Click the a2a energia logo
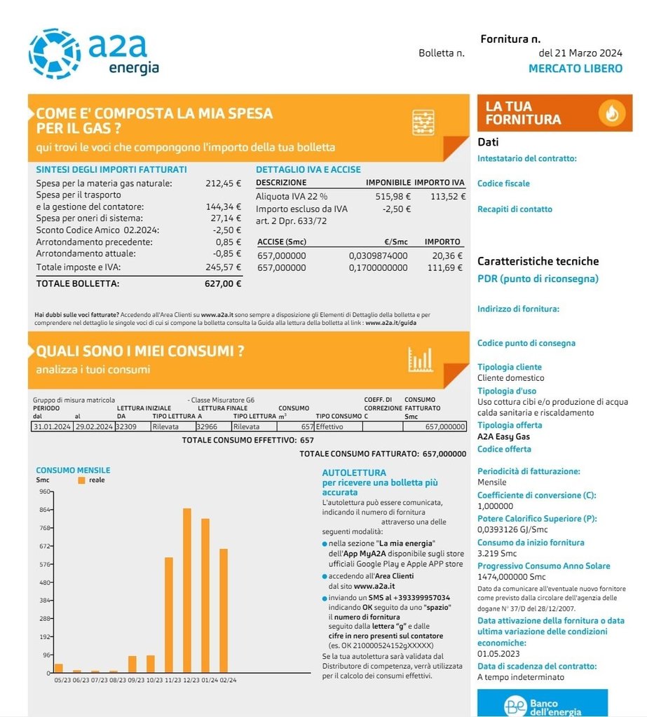pyautogui.click(x=94, y=53)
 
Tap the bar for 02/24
pyautogui.click(x=224, y=610)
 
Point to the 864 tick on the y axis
pyautogui.click(x=46, y=510)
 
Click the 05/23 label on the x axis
pyautogui.click(x=62, y=679)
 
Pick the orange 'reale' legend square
pyautogui.click(x=81, y=480)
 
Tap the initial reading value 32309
pyautogui.click(x=126, y=426)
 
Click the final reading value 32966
pyautogui.click(x=207, y=426)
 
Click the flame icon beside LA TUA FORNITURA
pyautogui.click(x=611, y=113)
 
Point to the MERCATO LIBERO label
pyautogui.click(x=575, y=69)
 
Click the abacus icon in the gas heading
pyautogui.click(x=423, y=123)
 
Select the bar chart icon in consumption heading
pyautogui.click(x=421, y=359)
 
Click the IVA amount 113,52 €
pyautogui.click(x=448, y=196)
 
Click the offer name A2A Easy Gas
pyautogui.click(x=503, y=436)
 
